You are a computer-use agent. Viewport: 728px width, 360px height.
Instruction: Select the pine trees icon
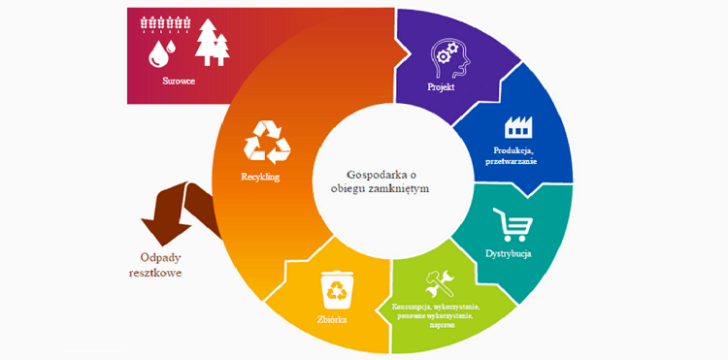tap(212, 44)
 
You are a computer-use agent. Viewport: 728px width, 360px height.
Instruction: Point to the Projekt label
tap(443, 88)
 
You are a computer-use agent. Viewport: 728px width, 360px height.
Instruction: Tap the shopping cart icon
tap(513, 224)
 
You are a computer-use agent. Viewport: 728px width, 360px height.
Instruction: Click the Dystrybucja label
tap(509, 254)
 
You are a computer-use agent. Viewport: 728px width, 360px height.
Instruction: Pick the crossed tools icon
tap(435, 284)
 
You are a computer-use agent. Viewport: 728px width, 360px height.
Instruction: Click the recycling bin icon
tap(336, 288)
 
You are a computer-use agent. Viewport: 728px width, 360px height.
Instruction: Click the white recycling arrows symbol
tap(267, 142)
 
